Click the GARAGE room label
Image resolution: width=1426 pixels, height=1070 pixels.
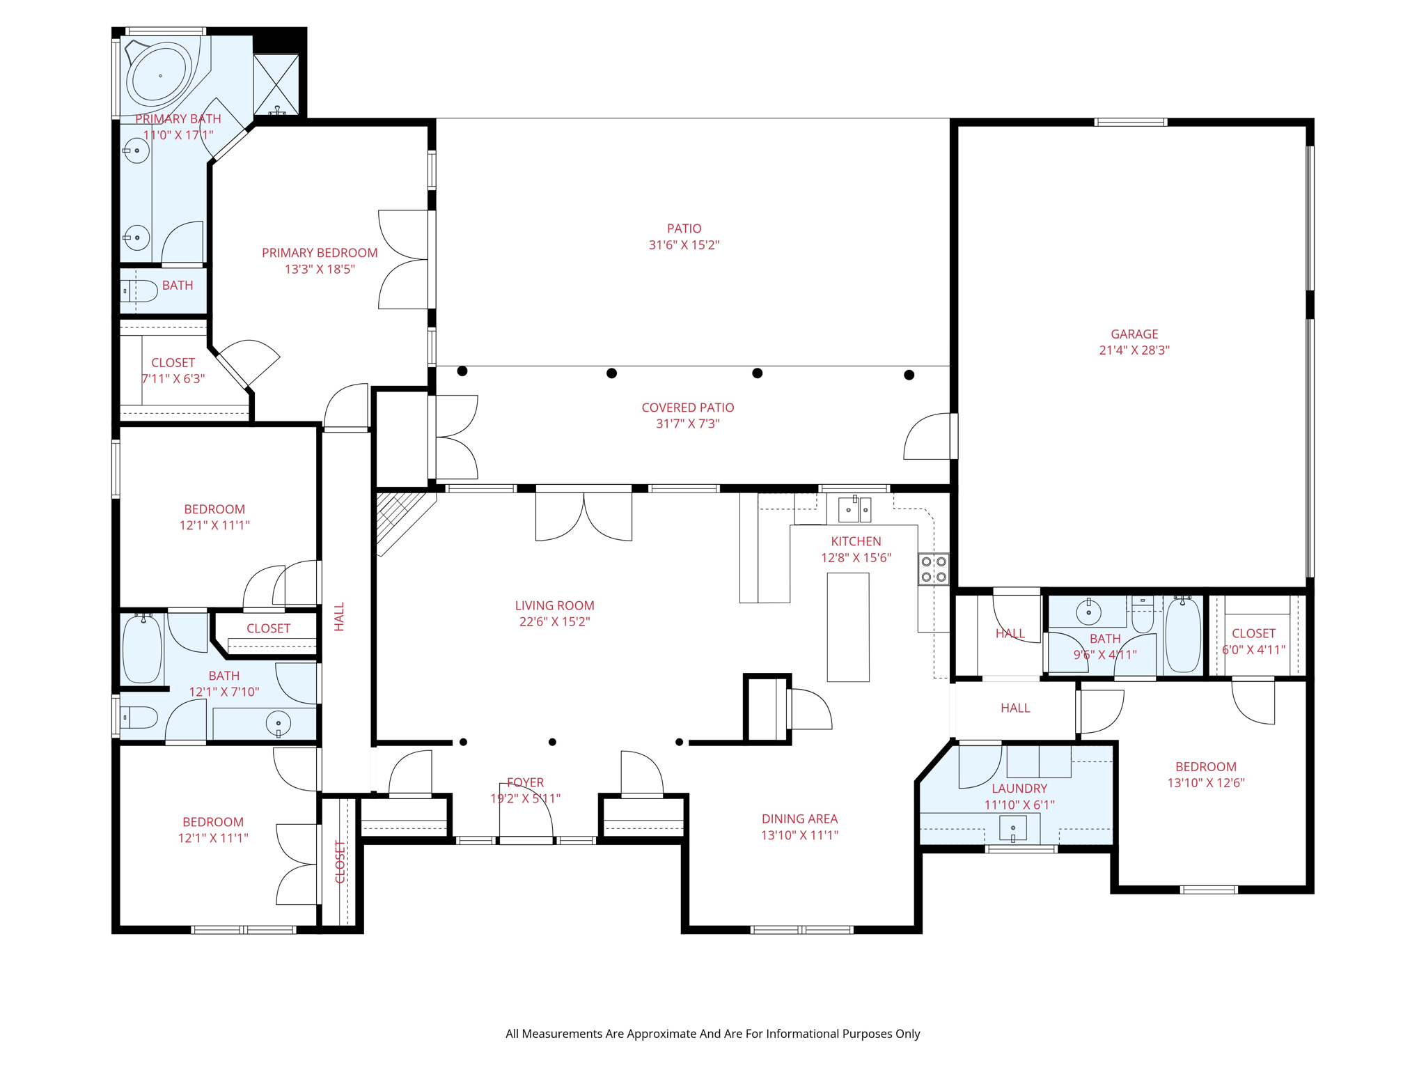[x=1134, y=334]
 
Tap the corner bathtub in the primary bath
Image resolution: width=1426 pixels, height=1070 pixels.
[x=161, y=75]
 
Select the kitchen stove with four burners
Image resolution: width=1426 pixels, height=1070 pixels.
[x=934, y=568]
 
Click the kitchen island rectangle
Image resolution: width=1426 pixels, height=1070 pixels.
[x=848, y=627]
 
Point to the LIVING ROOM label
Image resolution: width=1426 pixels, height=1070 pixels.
[x=555, y=606]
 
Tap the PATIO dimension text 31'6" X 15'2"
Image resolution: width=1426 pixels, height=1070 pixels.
[x=684, y=245]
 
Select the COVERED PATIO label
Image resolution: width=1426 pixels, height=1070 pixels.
[x=688, y=408]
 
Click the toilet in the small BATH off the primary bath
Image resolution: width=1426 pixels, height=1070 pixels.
[x=140, y=291]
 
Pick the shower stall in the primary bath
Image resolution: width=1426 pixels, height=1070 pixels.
[x=276, y=84]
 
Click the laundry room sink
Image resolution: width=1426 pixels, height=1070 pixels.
[x=1013, y=828]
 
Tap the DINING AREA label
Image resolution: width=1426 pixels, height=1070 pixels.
[x=799, y=819]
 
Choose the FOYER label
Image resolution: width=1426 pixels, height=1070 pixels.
[x=526, y=783]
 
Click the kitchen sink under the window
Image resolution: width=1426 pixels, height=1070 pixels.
[x=854, y=510]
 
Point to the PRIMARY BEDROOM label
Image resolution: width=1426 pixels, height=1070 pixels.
[x=320, y=253]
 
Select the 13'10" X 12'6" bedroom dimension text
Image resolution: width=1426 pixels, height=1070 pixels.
[x=1206, y=783]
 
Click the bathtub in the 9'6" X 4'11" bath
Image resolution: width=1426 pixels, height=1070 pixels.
[x=1183, y=635]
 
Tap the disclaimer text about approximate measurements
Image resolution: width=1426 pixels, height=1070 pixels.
[x=713, y=1034]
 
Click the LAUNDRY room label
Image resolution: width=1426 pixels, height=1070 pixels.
[x=1019, y=789]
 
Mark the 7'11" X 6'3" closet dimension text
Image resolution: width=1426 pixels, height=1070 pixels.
[x=173, y=379]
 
